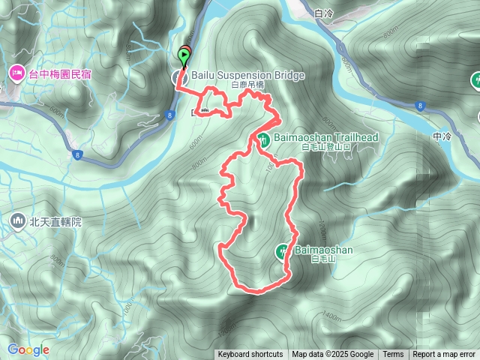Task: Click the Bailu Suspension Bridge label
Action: [238, 76]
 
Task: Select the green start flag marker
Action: [184, 56]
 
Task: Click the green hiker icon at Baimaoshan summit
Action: [283, 251]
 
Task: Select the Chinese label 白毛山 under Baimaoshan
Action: [320, 259]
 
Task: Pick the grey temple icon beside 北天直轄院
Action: [17, 221]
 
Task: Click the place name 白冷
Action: [324, 13]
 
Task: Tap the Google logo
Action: [28, 349]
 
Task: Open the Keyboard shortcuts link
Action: [250, 355]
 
